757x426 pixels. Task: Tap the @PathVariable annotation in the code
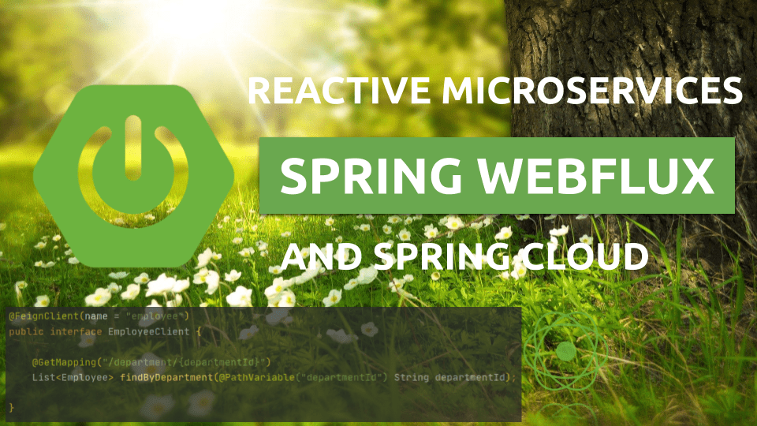coord(254,377)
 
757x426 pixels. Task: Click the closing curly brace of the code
coord(11,407)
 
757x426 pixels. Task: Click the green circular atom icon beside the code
coord(565,351)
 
